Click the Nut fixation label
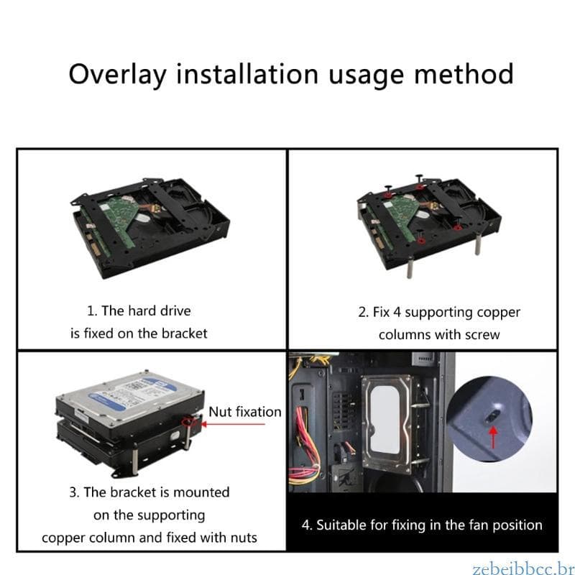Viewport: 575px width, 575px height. (x=245, y=412)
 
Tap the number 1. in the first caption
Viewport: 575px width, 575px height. (x=91, y=311)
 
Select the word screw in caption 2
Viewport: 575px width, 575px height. (x=482, y=335)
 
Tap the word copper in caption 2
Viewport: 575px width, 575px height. (x=497, y=313)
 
